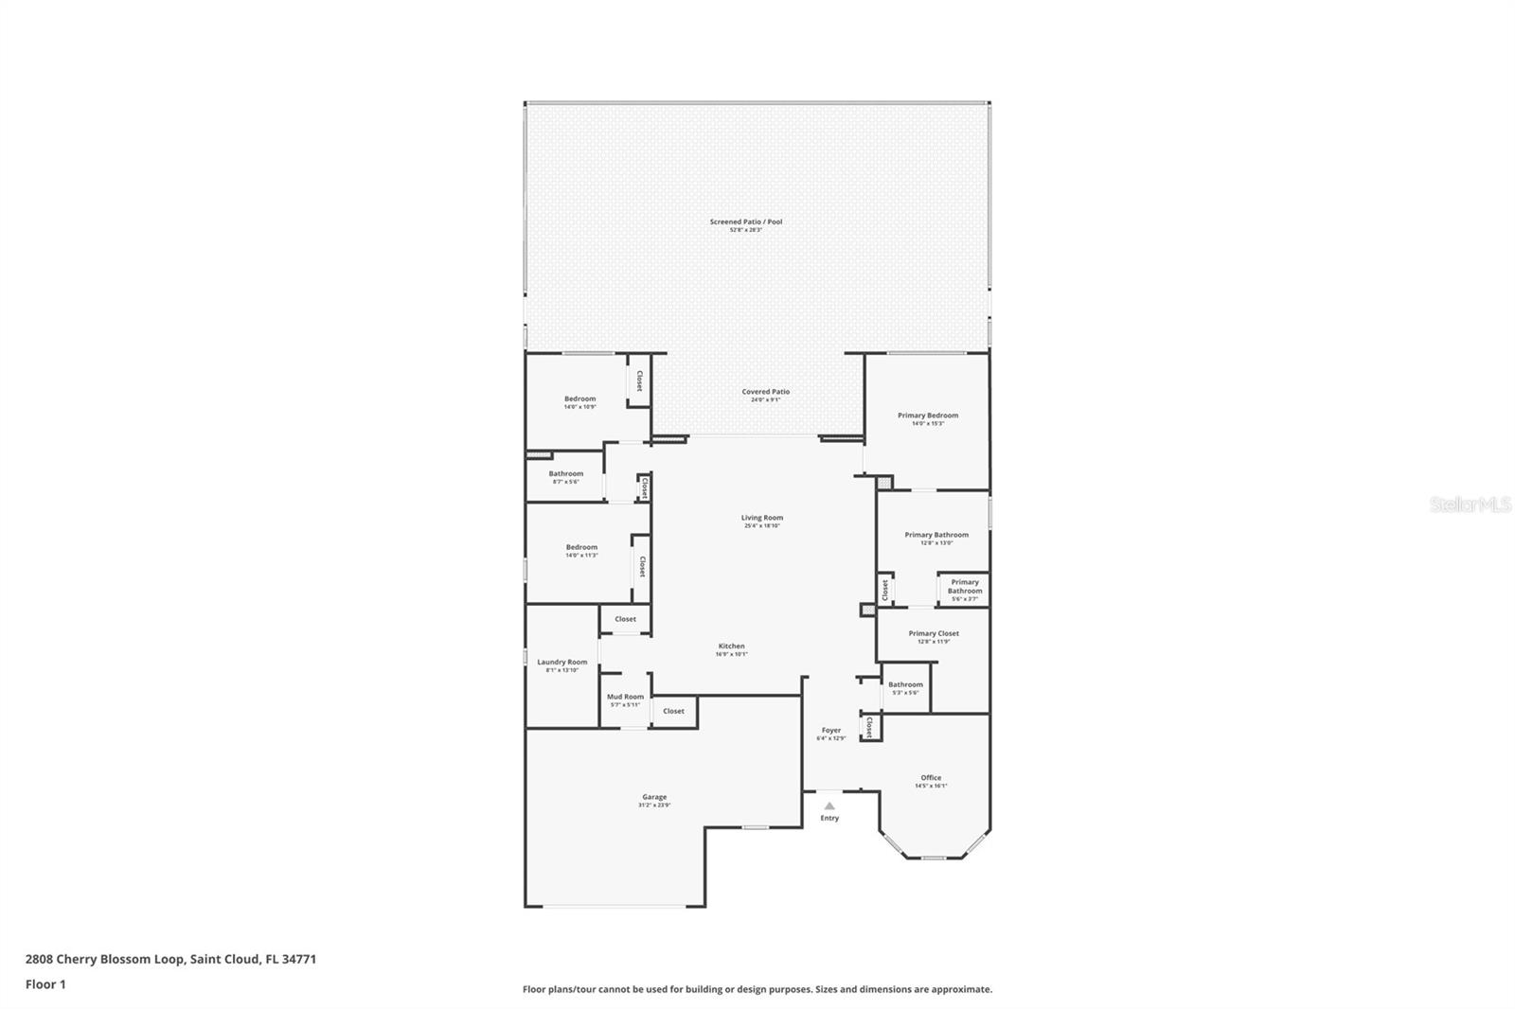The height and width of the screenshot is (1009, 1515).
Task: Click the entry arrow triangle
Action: pyautogui.click(x=829, y=806)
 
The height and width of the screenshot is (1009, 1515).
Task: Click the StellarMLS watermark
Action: pyautogui.click(x=1470, y=505)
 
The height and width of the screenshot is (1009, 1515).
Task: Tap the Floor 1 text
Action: pyautogui.click(x=45, y=984)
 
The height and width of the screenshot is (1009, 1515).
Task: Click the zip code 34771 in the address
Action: pyautogui.click(x=299, y=959)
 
